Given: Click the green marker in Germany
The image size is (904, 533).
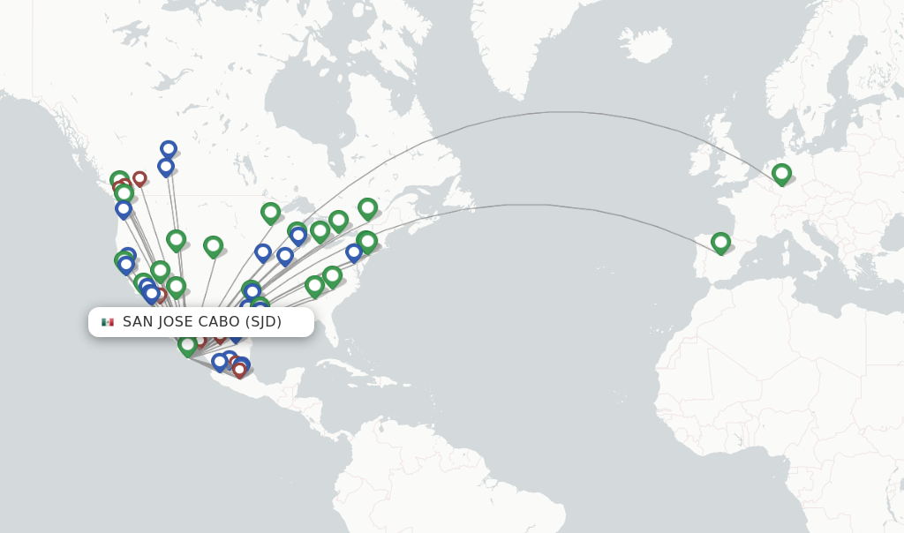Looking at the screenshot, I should (781, 173).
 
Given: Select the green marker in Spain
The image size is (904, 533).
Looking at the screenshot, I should (720, 242).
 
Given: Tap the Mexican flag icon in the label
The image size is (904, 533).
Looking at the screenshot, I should (108, 322).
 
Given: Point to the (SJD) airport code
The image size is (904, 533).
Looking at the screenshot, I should (263, 322).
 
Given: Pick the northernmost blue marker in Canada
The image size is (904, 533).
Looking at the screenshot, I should (169, 149).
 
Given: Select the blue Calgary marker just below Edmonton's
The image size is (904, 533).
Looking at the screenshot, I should (166, 166).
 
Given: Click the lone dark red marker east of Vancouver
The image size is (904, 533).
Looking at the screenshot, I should (139, 178).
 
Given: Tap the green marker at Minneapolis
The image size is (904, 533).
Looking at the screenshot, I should (270, 212).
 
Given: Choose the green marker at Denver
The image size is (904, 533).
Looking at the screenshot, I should (213, 245).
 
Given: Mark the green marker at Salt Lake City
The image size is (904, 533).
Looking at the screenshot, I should (176, 238).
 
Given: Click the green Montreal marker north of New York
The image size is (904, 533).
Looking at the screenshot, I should (367, 207).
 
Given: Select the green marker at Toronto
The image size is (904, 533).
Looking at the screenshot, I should (338, 220).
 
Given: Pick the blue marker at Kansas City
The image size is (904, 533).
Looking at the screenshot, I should (263, 251).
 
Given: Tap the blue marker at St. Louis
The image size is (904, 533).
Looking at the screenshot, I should (285, 255).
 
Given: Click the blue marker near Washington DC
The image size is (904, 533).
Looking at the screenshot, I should (354, 251).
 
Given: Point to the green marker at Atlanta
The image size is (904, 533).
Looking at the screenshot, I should (314, 285).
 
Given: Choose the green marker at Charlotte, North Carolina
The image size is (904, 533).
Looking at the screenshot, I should (332, 275).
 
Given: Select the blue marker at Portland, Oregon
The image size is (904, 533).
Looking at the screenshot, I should (124, 209).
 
